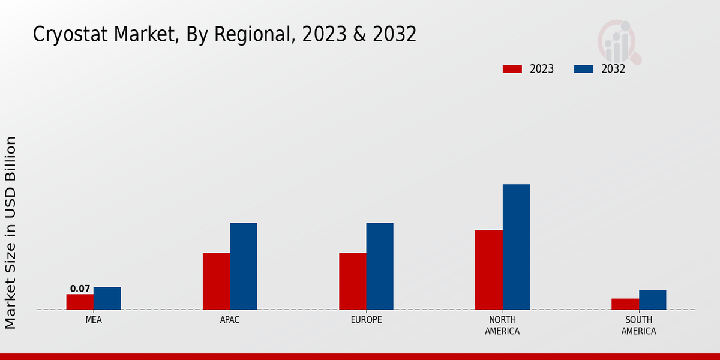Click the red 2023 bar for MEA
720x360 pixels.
pyautogui.click(x=80, y=302)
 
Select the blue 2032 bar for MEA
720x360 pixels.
pyautogui.click(x=107, y=298)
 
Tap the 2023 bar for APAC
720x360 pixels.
pyautogui.click(x=216, y=281)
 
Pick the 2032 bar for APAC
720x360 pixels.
pyautogui.click(x=243, y=266)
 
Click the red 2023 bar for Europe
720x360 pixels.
pyautogui.click(x=352, y=281)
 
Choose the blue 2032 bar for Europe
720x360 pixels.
pyautogui.click(x=380, y=266)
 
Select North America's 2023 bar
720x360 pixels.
pyautogui.click(x=488, y=270)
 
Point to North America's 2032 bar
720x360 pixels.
pyautogui.click(x=516, y=247)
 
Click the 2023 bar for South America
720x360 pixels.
pyautogui.click(x=625, y=304)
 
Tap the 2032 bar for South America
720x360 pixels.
pyautogui.click(x=652, y=300)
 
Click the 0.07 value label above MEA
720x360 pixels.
pyautogui.click(x=80, y=289)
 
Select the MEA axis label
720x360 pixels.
pyautogui.click(x=94, y=320)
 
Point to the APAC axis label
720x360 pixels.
pyautogui.click(x=230, y=320)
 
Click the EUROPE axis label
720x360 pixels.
pyautogui.click(x=366, y=320)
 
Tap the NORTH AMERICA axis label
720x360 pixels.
pyautogui.click(x=502, y=326)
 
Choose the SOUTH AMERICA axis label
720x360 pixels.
pyautogui.click(x=638, y=326)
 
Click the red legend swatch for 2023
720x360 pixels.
pyautogui.click(x=512, y=69)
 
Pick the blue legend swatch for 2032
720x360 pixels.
pyautogui.click(x=583, y=69)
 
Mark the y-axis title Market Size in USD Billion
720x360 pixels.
pyautogui.click(x=11, y=233)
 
